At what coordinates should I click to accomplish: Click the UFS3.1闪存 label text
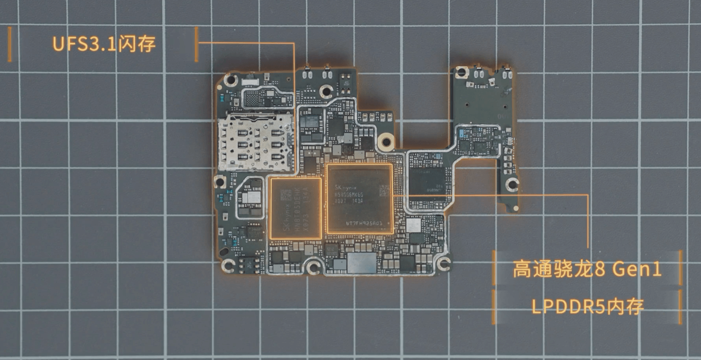click(x=104, y=44)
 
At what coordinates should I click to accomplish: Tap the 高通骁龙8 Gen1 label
click(x=587, y=269)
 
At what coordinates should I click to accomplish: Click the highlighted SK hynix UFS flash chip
click(x=295, y=208)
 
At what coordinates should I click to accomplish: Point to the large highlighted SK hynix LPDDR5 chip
click(x=359, y=199)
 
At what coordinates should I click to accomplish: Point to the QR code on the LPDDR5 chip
click(x=385, y=189)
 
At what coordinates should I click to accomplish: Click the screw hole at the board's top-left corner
click(x=230, y=80)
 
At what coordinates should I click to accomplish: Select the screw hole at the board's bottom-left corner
click(x=228, y=265)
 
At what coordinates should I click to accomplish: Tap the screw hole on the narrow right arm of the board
click(x=512, y=184)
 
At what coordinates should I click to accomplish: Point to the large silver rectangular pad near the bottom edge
click(x=361, y=263)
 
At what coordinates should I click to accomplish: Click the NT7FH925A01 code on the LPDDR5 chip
click(x=361, y=223)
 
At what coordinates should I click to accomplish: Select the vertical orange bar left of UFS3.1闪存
click(x=9, y=45)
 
